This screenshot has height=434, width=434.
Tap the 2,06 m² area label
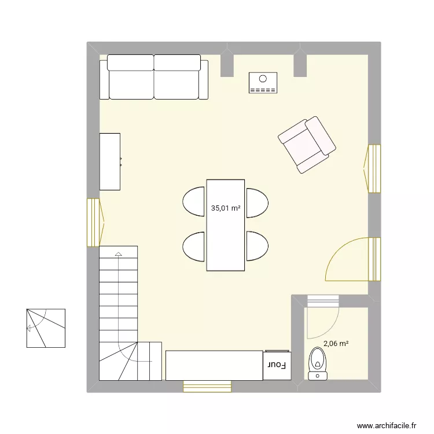336,344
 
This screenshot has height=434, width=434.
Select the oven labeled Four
277,365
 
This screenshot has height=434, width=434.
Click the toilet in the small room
317,362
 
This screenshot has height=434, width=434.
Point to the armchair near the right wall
307,145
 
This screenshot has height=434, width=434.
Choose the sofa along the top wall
154,77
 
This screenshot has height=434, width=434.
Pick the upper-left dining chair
195,202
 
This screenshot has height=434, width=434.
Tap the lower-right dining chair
256,245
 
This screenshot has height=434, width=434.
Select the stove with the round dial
263,83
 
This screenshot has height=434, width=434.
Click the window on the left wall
94,222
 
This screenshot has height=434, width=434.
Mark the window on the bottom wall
207,386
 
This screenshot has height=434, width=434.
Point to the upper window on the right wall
374,168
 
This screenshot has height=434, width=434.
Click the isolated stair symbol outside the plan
45,328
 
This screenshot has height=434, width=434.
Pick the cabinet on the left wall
110,161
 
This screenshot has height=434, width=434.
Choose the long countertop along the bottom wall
214,365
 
